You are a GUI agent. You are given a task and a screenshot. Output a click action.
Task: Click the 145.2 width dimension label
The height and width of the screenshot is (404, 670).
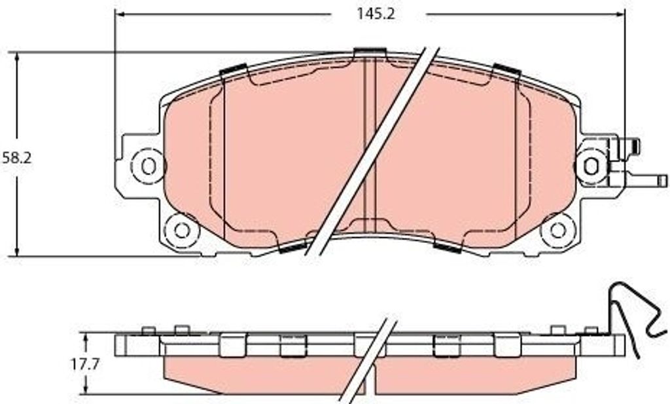click(376, 14)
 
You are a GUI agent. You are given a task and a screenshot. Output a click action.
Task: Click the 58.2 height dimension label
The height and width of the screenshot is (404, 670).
click(16, 158)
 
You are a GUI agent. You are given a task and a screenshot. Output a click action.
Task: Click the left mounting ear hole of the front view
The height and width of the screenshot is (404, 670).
click(149, 166)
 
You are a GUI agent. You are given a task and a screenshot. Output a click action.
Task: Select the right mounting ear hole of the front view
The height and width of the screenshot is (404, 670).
click(591, 166)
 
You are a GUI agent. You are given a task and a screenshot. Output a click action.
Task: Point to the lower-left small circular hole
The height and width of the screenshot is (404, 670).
click(182, 230)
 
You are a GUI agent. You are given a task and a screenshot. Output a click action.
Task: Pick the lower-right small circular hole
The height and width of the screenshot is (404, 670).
click(557, 230)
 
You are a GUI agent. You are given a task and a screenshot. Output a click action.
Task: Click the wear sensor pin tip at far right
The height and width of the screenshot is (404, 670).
click(663, 181)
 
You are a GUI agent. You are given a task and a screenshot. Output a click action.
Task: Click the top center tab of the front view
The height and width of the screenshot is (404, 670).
click(370, 52)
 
